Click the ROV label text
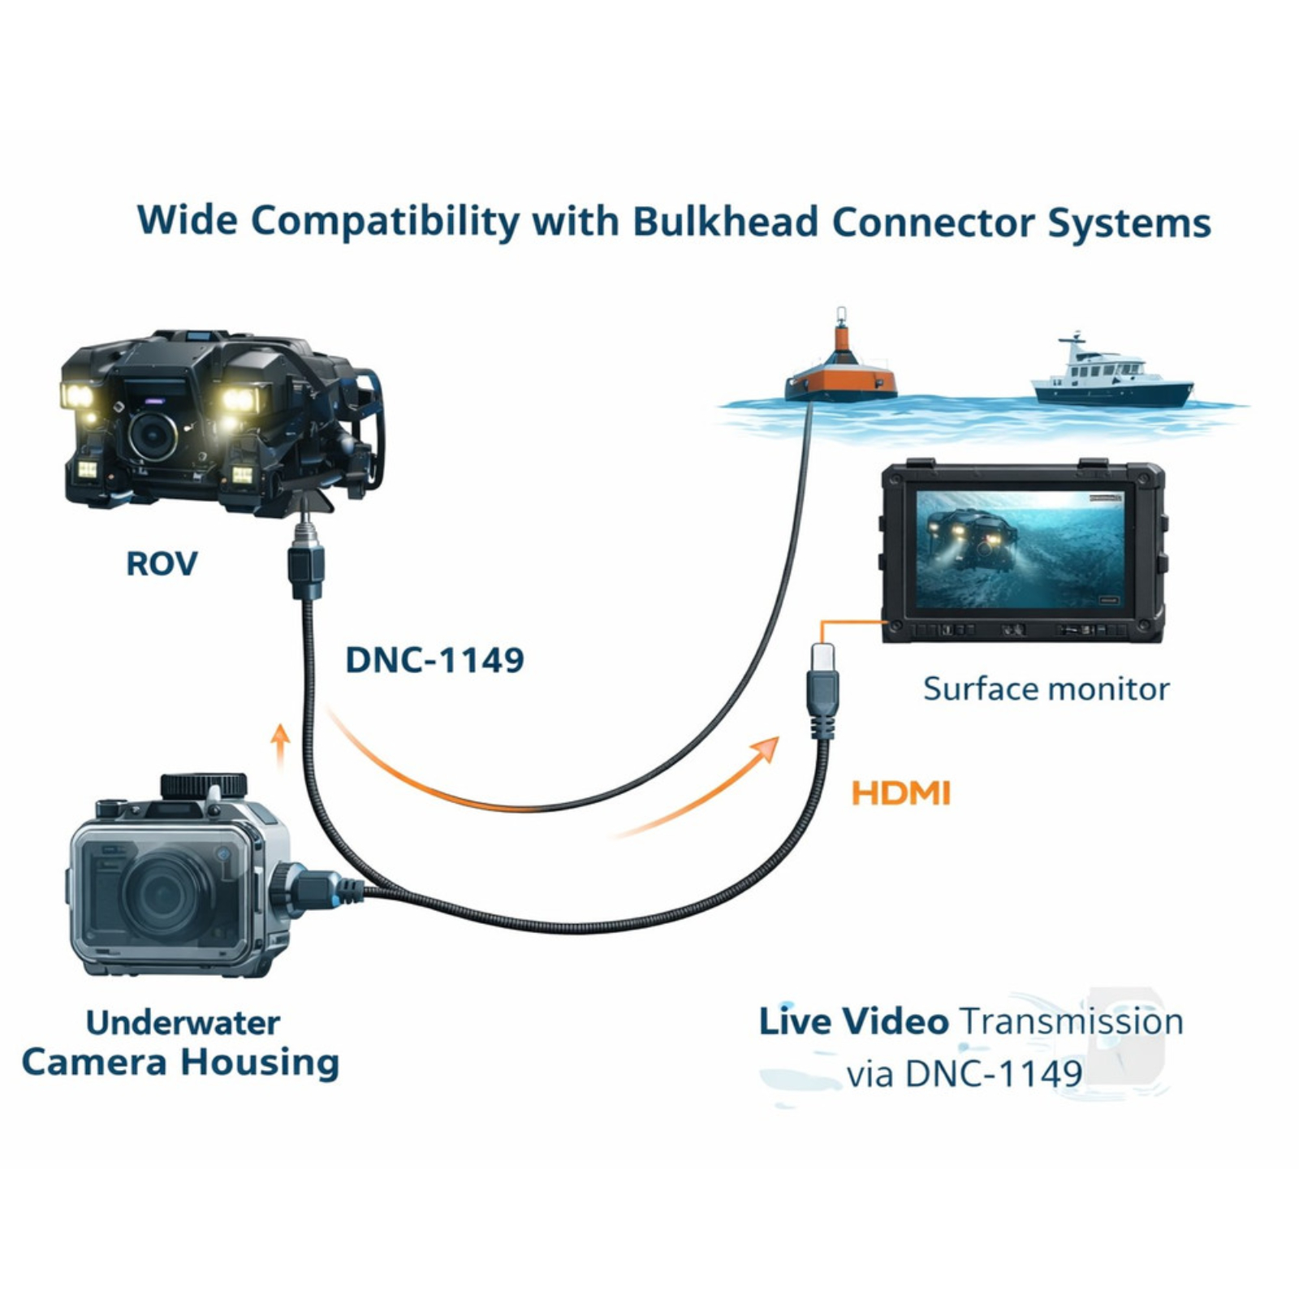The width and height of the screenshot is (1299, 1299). [162, 563]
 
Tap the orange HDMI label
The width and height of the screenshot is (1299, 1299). [900, 793]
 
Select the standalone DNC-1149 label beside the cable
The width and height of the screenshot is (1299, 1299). [434, 660]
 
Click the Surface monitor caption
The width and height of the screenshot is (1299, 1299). [1046, 689]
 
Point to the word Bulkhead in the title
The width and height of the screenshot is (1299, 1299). [726, 221]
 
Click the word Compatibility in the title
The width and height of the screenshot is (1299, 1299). [385, 222]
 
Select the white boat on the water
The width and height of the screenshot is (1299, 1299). [1112, 374]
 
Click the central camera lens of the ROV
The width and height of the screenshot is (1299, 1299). [153, 435]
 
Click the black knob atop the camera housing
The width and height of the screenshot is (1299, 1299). [203, 785]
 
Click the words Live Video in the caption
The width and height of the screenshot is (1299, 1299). [853, 1021]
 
